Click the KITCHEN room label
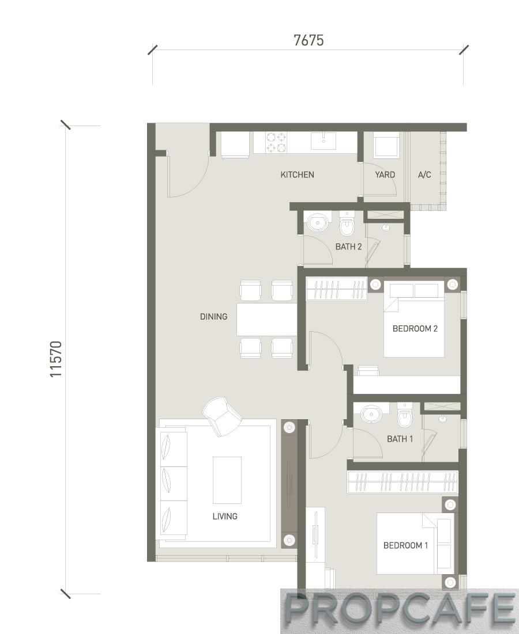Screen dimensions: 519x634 297,174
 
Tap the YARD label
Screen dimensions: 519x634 385,174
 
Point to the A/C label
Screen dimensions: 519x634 424,174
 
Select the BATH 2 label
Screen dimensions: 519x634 348,246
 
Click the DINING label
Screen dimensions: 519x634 213,317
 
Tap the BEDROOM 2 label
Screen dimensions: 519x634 415,329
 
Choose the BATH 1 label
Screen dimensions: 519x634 400,439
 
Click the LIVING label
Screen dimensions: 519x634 225,517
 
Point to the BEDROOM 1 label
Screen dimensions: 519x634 405,545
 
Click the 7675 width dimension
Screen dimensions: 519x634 309,40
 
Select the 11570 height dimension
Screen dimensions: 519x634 56,359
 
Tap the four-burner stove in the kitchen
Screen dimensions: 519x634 276,143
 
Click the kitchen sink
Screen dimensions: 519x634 324,141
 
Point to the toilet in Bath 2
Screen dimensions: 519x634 347,223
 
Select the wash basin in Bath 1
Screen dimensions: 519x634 371,415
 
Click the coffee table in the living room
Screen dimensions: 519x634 227,480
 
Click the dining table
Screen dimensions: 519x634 266,320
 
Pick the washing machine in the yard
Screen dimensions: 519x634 386,146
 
